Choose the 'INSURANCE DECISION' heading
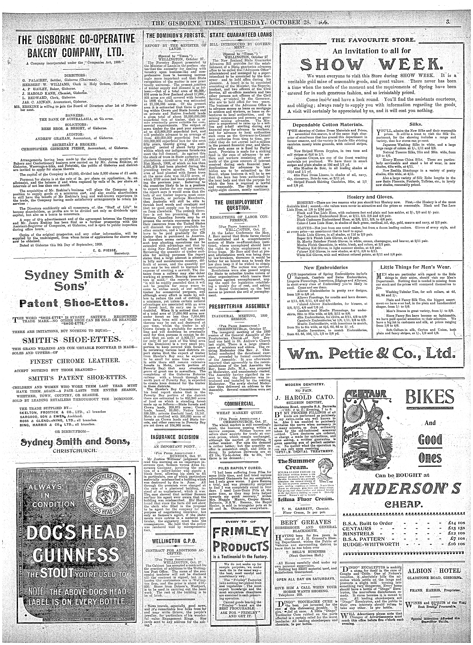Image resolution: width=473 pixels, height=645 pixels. pos(175,437)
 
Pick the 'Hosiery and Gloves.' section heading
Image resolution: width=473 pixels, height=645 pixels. pos(372,197)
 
